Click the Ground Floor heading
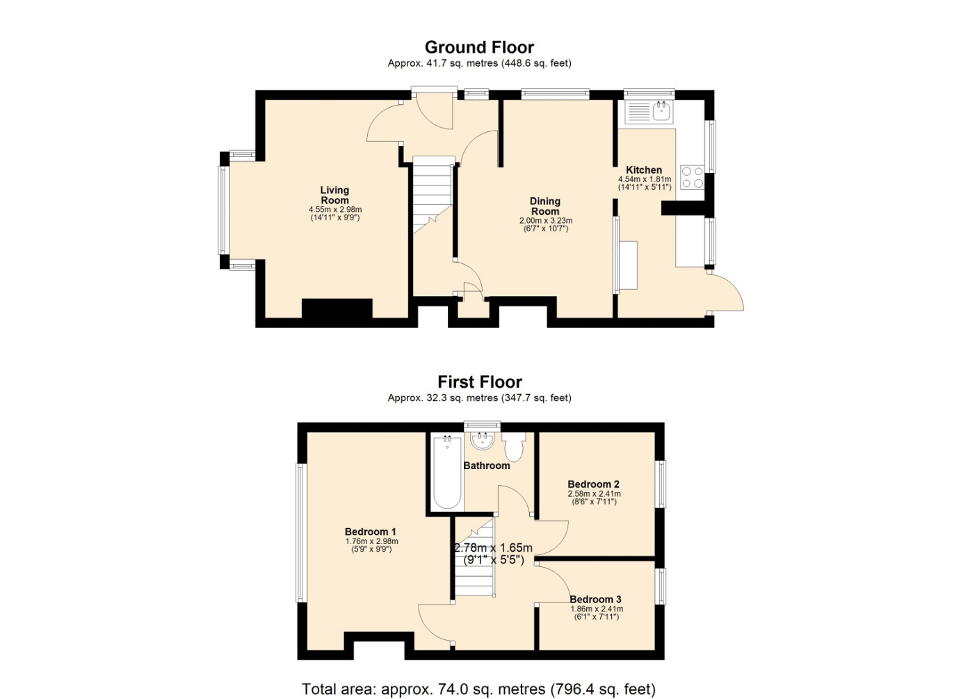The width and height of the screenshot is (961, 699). pos(479,47)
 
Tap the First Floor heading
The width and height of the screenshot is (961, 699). pos(480,382)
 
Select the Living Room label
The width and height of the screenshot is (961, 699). pos(334,195)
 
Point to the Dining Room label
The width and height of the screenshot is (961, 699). pos(545,206)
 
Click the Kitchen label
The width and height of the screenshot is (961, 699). pos(644,170)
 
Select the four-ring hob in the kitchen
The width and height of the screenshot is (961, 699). pos(692,177)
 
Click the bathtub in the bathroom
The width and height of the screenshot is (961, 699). pos(447,472)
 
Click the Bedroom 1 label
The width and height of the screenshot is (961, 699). pos(370,532)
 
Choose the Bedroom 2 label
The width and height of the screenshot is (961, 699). pos(593,484)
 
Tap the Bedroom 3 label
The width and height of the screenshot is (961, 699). pos(595,599)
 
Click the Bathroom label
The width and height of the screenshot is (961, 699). pos(487,466)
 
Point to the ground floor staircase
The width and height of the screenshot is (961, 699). pos(433,195)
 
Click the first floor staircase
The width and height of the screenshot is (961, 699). pos(475,557)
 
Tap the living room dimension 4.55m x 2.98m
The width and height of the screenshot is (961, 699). pos(335,210)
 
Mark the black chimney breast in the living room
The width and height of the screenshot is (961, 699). pos(337,309)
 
